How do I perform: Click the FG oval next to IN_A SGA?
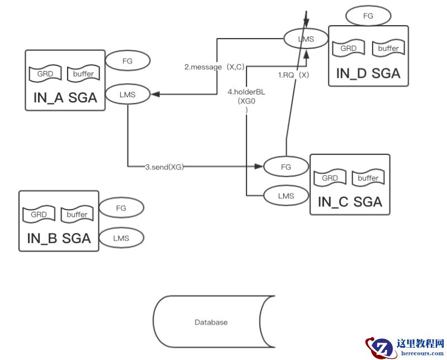(x=127, y=61)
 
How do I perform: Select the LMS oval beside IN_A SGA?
(x=127, y=94)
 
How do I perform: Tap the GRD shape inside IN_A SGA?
(x=45, y=74)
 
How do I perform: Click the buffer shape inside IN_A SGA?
(x=83, y=74)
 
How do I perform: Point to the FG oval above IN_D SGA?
(x=368, y=16)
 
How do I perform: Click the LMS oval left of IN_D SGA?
(x=306, y=39)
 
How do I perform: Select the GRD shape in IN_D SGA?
(x=348, y=49)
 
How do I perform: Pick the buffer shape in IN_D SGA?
(x=388, y=49)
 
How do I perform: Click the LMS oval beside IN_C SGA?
(x=286, y=196)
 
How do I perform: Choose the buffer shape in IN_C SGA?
(x=368, y=178)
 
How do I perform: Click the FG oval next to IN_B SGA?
(x=121, y=208)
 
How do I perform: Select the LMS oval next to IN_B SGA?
(x=121, y=238)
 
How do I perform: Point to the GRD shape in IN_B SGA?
(x=39, y=215)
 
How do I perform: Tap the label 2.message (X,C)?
(x=215, y=67)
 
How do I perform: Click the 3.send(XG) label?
(x=164, y=167)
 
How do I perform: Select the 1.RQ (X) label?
(x=293, y=74)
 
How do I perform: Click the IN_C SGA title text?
(x=350, y=202)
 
